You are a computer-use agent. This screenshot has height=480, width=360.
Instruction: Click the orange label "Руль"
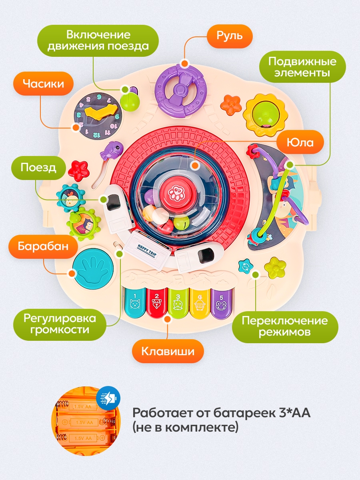[230, 36]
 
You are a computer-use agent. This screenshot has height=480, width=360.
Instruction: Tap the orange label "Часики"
[43, 84]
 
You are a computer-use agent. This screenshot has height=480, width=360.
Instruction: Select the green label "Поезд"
[38, 168]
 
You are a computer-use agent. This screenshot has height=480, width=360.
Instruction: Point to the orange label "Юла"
[300, 142]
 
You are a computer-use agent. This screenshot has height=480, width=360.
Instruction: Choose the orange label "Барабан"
[43, 246]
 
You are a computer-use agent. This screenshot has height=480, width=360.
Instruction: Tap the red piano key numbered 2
[156, 303]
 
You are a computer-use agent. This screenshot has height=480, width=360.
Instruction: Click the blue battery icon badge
[108, 398]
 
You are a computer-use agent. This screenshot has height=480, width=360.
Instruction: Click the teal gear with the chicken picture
[70, 198]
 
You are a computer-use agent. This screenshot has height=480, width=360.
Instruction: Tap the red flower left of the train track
[79, 170]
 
